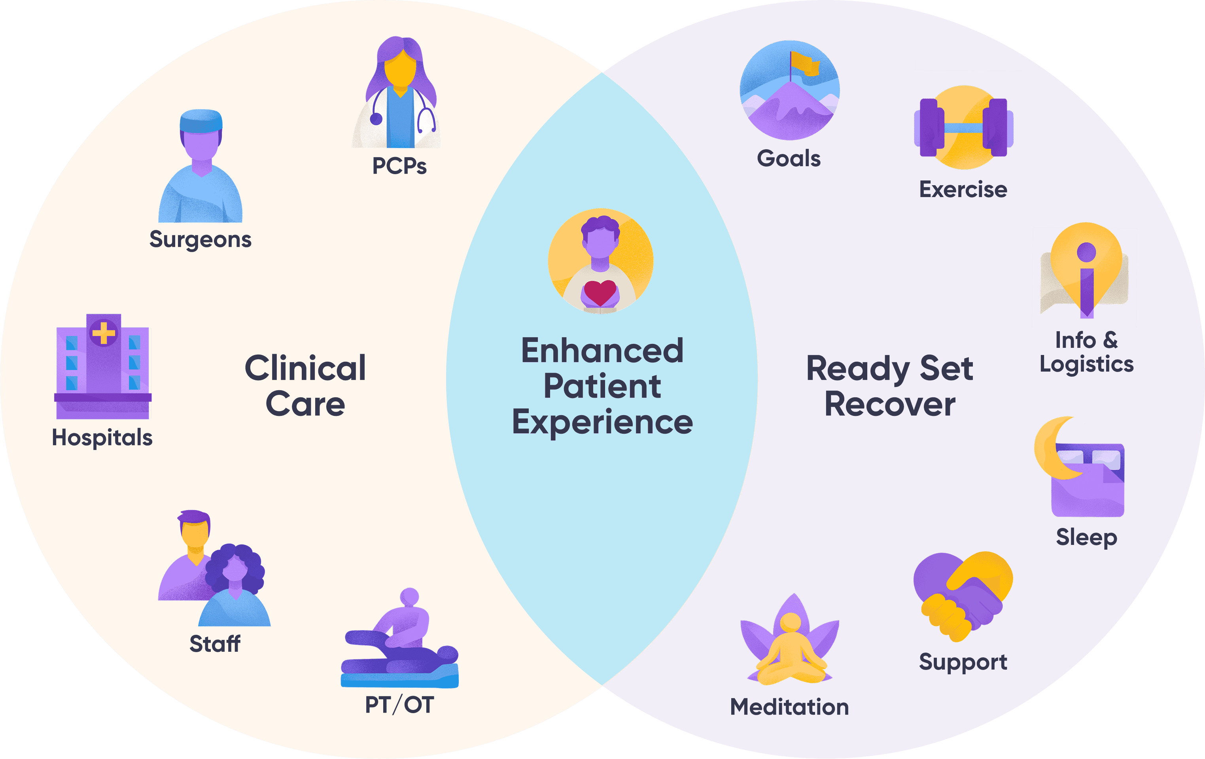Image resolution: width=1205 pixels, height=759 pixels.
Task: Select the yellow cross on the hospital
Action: pos(104,333)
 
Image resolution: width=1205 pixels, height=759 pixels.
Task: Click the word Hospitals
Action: pos(102,438)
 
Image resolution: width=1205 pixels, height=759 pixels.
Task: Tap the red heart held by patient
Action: pos(600,292)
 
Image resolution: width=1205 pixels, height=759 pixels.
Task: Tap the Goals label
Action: pos(789,159)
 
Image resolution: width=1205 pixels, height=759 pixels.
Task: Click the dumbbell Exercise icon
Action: pos(963,128)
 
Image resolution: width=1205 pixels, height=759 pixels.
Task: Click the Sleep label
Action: pos(1086,537)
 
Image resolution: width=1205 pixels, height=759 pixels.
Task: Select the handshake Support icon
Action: pos(963,596)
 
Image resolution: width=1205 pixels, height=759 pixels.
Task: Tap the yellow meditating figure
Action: pos(791,651)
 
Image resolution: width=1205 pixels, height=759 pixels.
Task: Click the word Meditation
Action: pos(789,707)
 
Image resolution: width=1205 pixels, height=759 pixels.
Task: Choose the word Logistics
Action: pos(1086,364)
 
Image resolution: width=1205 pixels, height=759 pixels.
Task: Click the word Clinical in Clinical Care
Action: pos(305,368)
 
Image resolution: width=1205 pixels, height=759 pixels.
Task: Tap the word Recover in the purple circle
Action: pos(890,404)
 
